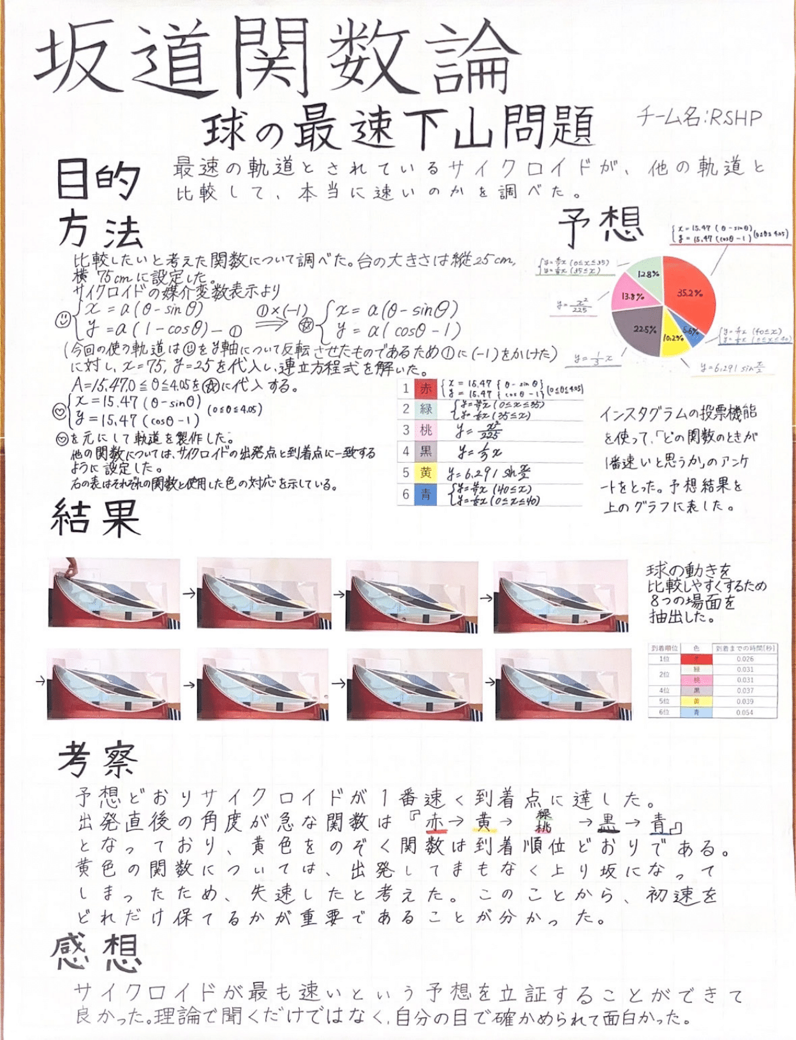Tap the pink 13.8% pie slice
(633, 296)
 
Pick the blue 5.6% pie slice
(693, 331)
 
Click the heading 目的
(97, 180)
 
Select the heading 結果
(95, 517)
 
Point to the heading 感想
(96, 953)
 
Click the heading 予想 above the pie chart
(600, 226)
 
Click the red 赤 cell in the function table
(425, 389)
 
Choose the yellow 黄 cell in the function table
(425, 473)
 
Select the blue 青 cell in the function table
(425, 495)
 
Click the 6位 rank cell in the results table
(664, 712)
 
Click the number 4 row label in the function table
(406, 452)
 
